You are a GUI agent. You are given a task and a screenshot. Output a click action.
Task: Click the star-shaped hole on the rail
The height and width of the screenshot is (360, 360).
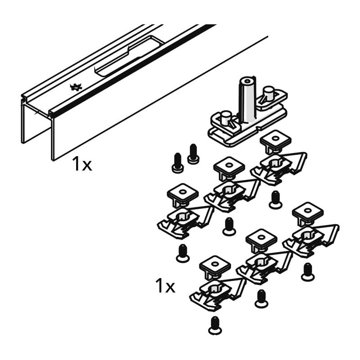(76, 87)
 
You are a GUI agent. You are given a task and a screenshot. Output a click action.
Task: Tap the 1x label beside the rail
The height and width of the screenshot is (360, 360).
(81, 165)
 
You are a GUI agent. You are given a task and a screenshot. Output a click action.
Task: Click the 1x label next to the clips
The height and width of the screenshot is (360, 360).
(165, 286)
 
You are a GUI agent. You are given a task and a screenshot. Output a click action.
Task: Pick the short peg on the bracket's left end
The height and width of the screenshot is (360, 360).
(226, 117)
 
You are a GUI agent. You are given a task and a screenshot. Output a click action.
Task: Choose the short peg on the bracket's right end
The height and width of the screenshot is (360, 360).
(269, 93)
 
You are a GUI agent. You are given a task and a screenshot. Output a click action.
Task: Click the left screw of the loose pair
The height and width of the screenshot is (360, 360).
(178, 163)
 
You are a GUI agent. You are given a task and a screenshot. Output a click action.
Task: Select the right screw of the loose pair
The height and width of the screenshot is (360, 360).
(193, 153)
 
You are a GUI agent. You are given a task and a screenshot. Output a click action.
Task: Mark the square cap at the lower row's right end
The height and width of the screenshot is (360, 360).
(307, 212)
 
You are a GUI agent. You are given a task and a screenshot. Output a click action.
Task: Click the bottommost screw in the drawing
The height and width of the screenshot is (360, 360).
(215, 326)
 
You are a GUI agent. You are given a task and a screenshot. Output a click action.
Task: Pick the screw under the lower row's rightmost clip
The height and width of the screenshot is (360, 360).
(308, 272)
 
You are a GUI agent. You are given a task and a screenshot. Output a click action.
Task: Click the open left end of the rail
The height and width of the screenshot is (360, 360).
(36, 121)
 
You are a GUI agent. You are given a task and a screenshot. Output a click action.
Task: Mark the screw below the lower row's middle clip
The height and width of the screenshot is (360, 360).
(261, 299)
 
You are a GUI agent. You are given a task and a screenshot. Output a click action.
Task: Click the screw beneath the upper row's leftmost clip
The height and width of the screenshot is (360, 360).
(183, 253)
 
